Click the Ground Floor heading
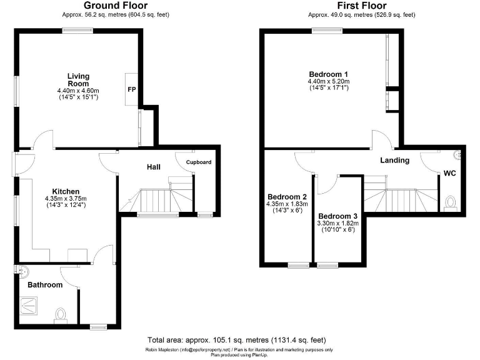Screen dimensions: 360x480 point(116,6)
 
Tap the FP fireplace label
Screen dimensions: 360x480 point(131,90)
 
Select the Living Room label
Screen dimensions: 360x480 point(78,79)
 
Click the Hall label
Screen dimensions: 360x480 point(154,167)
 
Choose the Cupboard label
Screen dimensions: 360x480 point(198,162)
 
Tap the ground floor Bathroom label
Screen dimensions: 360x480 point(45,284)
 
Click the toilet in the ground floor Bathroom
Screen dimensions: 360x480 point(61,314)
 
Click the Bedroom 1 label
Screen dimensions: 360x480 point(327,74)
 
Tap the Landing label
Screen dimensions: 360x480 point(394,160)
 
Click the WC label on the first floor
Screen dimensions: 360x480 point(450,173)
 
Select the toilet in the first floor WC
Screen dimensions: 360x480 point(451,202)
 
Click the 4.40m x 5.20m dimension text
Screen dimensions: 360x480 point(328,82)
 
